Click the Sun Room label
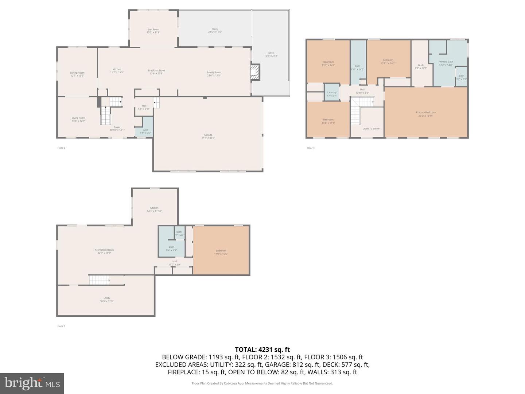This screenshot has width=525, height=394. pos(153,31)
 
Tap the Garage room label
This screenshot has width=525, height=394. pos(208,136)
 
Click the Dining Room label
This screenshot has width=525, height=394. pos(77,74)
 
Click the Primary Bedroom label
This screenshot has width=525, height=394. pos(425,114)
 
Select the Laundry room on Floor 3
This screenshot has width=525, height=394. pos(332,94)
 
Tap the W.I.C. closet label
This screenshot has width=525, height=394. pos(420,66)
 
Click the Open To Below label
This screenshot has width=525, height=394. pos(371,128)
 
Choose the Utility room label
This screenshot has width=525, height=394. pos(106,299)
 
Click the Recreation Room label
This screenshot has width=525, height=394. pos(104,251)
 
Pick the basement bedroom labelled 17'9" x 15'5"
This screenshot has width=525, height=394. pos(221,252)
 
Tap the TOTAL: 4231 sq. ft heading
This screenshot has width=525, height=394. pos(262,349)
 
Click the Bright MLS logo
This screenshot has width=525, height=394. pos(32,383)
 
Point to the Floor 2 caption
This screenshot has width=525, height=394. pos(61,148)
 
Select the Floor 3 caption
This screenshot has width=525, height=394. pos(310,148)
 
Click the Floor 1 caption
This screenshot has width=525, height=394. pos(61,326)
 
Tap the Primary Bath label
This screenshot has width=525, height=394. pos(446,63)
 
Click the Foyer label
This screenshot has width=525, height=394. pos(117,128)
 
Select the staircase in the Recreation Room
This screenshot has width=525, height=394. pos(100,280)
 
